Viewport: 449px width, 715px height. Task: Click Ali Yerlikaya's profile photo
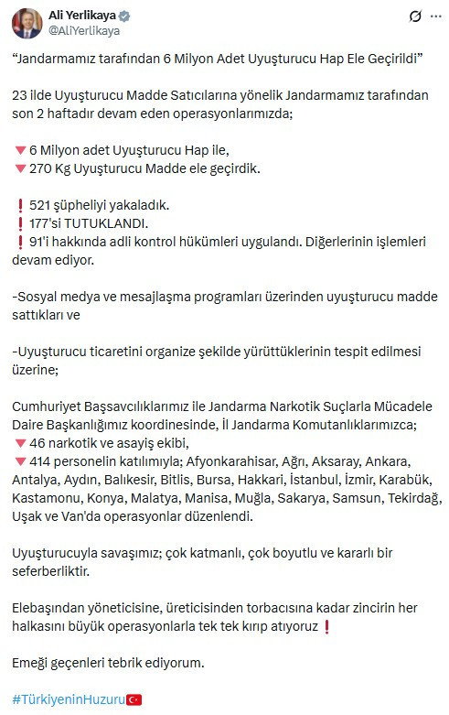[x=27, y=24]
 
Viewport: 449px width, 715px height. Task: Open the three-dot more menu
[x=433, y=16]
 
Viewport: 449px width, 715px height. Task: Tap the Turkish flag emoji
[x=134, y=699]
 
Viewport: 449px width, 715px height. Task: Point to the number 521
[x=41, y=203]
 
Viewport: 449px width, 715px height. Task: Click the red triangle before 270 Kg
[x=19, y=168]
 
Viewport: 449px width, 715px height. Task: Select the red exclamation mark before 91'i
[x=19, y=242]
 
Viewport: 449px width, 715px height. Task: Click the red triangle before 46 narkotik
[x=19, y=442]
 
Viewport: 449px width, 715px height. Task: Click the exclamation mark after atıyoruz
[x=326, y=626]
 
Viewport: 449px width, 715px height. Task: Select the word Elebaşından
[x=52, y=608]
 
